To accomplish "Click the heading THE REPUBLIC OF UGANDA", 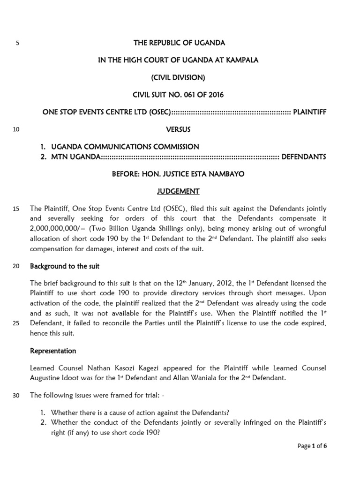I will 180,43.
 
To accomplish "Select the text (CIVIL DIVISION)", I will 180,77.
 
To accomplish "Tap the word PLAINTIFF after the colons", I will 309,112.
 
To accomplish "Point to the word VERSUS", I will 180,129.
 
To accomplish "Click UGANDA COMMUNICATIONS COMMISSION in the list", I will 125,147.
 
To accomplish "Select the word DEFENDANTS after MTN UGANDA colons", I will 304,157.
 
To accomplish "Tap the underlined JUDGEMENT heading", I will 180,191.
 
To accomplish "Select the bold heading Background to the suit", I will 65,266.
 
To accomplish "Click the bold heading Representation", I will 53,351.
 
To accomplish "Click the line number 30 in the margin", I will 15,395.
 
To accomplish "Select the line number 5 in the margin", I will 17,43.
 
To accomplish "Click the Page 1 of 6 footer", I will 312,446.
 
